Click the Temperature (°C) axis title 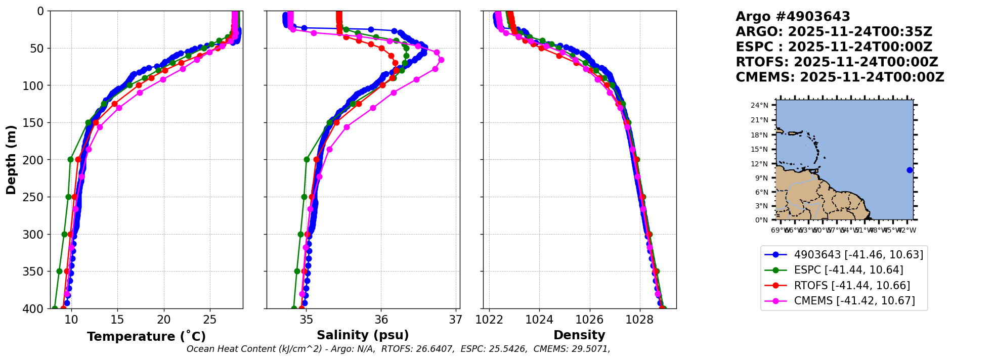146,337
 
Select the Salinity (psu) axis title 363,335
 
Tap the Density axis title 579,335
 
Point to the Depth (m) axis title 11,160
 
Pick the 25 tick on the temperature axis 210,320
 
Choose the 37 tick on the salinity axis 456,320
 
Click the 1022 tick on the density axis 489,320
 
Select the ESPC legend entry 848,270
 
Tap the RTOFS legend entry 852,286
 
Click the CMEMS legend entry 854,301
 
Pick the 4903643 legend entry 858,255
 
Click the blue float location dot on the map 910,170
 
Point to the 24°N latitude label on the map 759,106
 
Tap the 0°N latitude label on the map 761,220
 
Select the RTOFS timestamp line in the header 837,62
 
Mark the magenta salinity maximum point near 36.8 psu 441,60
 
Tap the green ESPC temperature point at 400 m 55,308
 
